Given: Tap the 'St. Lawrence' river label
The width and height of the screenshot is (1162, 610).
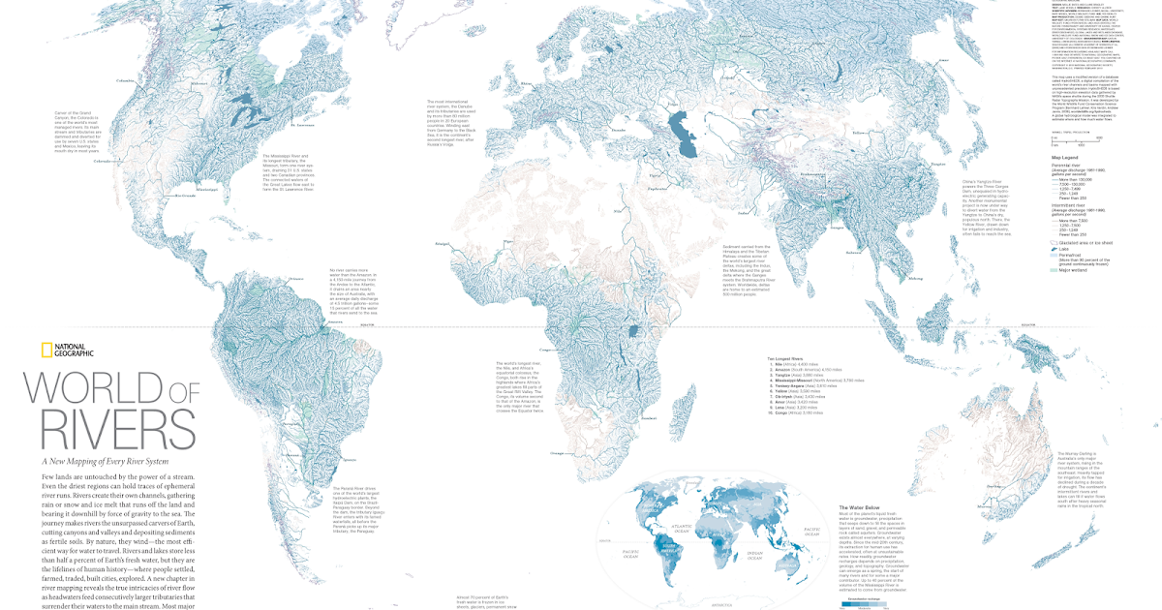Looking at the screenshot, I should pyautogui.click(x=302, y=125).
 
